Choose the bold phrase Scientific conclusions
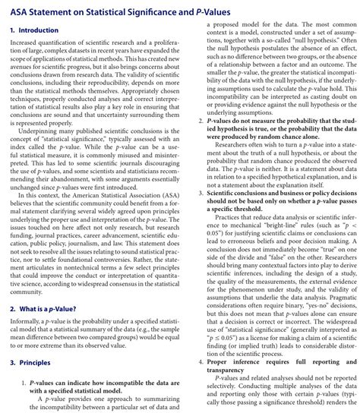(238, 194)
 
